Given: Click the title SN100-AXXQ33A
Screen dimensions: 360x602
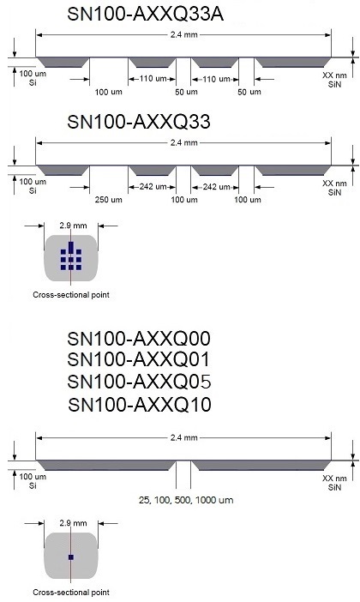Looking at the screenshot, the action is tap(146, 14).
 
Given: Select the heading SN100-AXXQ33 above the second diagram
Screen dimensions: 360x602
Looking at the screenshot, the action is tap(139, 122).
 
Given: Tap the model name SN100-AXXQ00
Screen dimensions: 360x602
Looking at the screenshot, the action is tap(139, 339).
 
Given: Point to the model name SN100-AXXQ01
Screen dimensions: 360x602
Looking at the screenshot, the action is tap(139, 359).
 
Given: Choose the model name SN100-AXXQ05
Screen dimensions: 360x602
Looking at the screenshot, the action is tap(139, 382).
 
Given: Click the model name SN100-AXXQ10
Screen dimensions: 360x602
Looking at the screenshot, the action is tap(140, 405).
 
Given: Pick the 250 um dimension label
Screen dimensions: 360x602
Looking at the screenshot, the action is tap(109, 200).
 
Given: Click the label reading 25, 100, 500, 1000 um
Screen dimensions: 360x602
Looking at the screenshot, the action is tap(186, 500).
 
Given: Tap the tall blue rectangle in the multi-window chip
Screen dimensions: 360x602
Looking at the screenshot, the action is tap(70, 248).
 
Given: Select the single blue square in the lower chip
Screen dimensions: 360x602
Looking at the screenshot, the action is tap(70, 557).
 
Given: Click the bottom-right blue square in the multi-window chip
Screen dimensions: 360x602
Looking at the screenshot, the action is tap(79, 268).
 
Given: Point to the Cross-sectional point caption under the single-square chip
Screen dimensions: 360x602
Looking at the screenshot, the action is tap(71, 592).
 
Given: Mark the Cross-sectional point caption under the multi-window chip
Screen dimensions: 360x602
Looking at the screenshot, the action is tap(71, 295).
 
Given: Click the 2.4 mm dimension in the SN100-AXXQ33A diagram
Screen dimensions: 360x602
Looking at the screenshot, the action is tap(183, 34).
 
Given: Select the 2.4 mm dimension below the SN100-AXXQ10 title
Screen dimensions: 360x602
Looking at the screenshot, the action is tap(183, 437).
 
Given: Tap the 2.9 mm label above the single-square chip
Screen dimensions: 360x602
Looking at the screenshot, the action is tap(73, 523).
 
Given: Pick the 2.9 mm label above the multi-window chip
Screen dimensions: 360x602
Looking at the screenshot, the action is tap(73, 226).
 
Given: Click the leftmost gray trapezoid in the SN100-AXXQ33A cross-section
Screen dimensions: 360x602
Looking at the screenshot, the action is tap(63, 63).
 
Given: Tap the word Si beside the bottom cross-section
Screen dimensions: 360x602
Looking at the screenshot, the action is tap(33, 485).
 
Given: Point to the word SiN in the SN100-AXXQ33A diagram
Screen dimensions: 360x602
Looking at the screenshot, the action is tap(334, 84).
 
